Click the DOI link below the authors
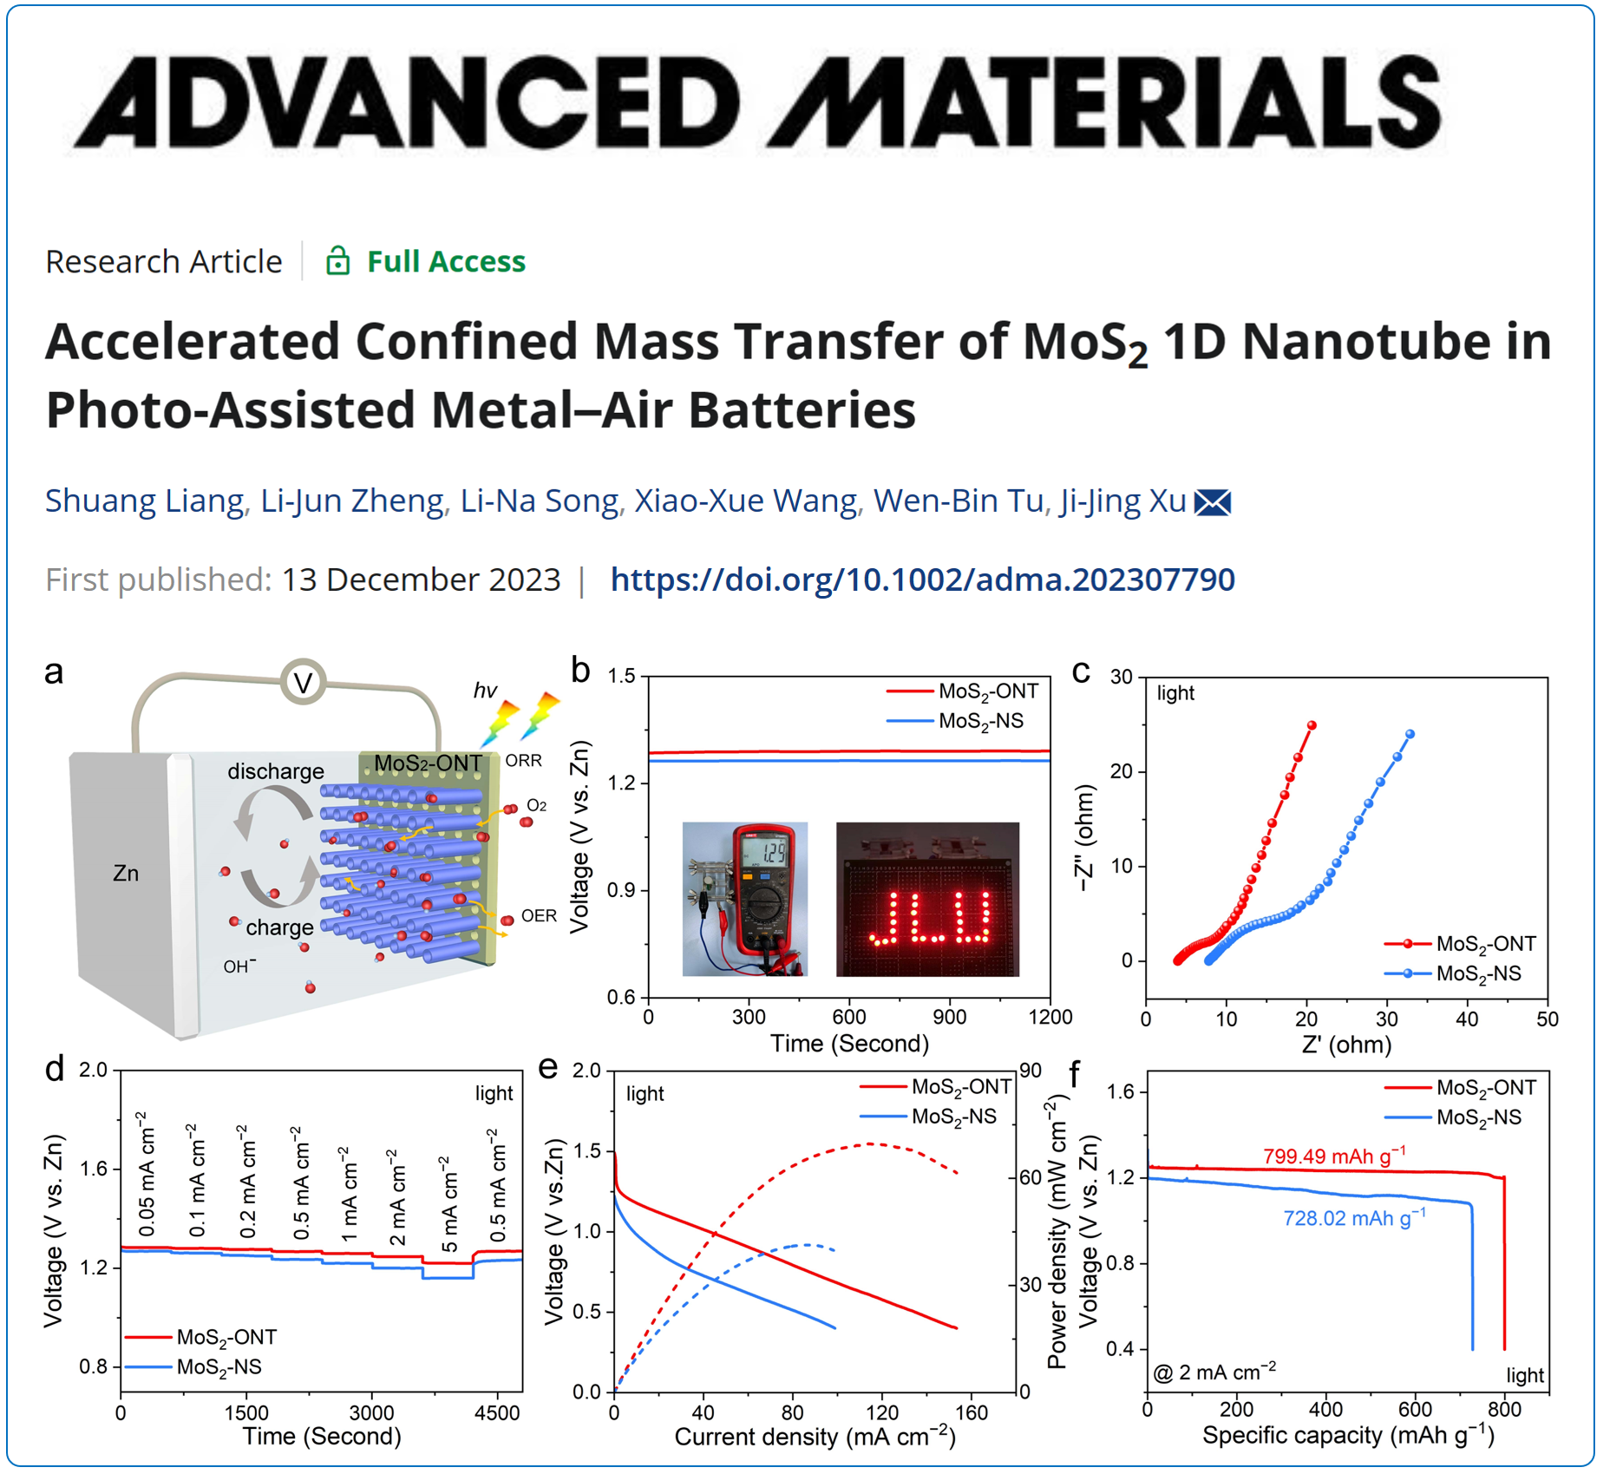click(x=922, y=580)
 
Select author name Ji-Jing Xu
click(x=1122, y=501)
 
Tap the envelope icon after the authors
click(x=1213, y=502)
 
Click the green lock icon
click(x=337, y=261)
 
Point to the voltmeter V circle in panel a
click(x=303, y=683)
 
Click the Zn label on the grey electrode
click(x=126, y=873)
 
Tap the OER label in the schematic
click(x=539, y=915)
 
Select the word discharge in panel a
click(x=275, y=771)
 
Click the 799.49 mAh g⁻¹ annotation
click(x=1333, y=1156)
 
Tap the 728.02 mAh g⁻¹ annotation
click(x=1353, y=1218)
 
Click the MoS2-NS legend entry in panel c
click(x=1478, y=973)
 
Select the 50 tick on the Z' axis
click(x=1547, y=1019)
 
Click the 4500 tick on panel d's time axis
click(x=496, y=1412)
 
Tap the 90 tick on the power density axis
click(x=1030, y=1071)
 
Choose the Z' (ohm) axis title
click(x=1346, y=1044)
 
